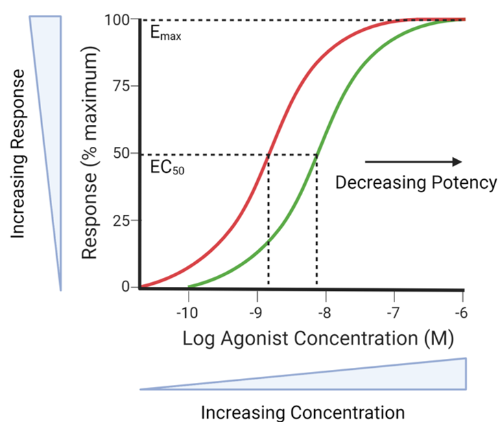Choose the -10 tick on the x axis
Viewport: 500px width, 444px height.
point(187,313)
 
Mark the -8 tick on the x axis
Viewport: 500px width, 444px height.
point(325,313)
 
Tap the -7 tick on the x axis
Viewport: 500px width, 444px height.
point(394,313)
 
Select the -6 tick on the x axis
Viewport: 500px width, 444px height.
point(463,313)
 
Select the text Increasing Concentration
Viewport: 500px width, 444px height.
point(302,412)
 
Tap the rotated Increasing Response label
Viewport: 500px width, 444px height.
point(19,153)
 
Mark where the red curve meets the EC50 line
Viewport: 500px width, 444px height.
point(267,154)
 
